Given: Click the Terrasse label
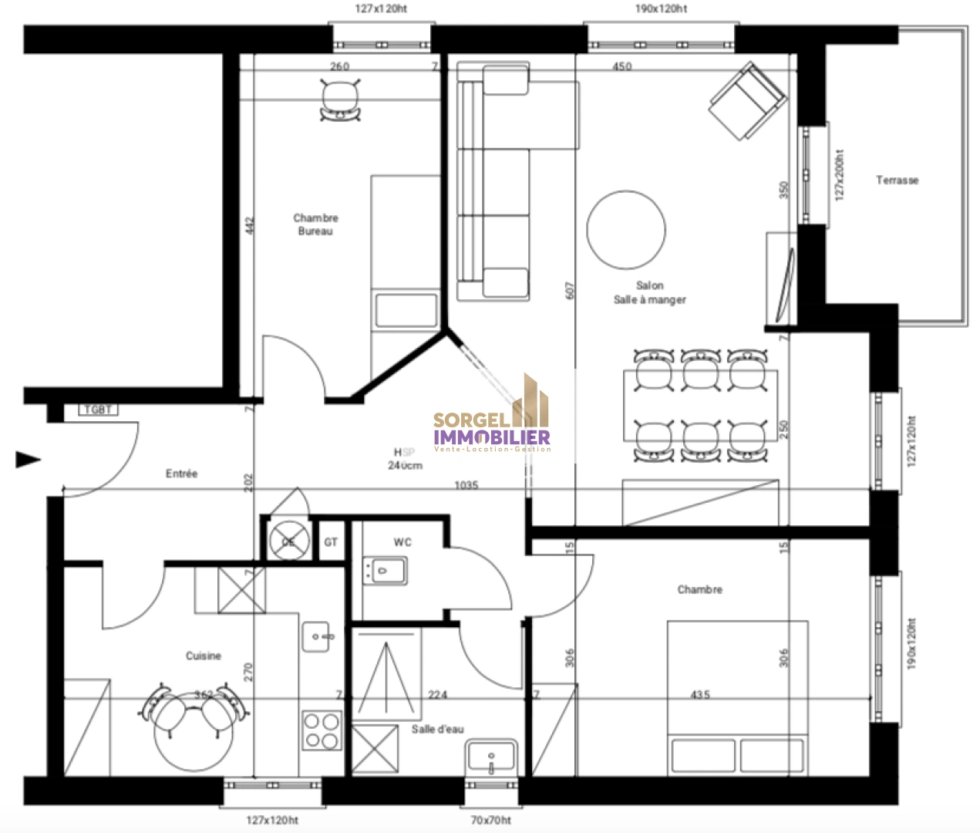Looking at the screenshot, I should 897,180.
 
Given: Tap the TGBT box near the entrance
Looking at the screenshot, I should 98,410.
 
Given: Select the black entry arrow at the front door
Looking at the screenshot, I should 28,460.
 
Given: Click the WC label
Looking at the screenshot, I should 402,542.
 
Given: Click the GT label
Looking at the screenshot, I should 331,542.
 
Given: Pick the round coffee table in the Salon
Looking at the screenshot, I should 625,230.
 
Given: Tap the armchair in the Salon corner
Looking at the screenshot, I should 747,101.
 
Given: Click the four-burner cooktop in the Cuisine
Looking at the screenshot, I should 322,730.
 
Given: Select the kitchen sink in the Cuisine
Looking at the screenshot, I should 316,637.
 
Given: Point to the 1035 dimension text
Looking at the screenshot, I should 466,485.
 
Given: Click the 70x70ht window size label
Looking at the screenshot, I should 490,820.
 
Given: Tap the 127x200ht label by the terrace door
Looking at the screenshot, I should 840,175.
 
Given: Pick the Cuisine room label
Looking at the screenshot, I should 204,656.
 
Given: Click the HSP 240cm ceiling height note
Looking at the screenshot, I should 405,459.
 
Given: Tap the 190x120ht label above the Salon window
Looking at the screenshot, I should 661,8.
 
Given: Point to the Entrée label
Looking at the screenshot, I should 182,474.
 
